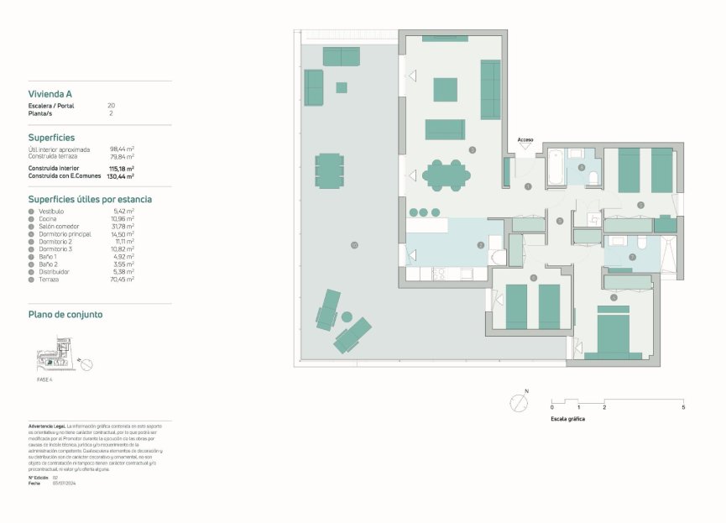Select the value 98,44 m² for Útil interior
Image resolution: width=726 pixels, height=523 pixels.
[123, 149]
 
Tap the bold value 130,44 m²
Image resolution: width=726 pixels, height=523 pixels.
[121, 176]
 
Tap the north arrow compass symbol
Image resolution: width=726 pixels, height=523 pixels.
[520, 403]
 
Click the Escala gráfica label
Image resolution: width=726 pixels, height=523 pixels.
[568, 418]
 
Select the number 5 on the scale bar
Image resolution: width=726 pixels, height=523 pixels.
[682, 407]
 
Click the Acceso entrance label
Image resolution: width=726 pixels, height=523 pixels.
[525, 140]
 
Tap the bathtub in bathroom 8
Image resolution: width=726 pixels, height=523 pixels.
[556, 167]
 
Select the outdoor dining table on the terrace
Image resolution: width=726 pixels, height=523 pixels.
[330, 170]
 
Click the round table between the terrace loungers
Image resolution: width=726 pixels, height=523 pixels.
[346, 316]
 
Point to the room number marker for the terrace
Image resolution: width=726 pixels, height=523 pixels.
[355, 245]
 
